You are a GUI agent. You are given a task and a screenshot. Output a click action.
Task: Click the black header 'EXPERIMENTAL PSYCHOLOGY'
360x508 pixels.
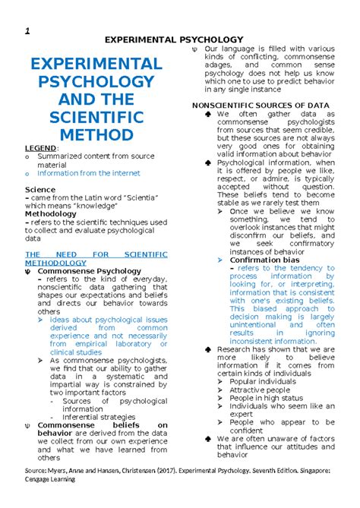(179, 39)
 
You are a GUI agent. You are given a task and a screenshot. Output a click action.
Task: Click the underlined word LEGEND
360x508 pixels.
(42, 147)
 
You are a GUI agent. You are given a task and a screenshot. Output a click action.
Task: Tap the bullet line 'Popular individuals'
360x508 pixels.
(267, 381)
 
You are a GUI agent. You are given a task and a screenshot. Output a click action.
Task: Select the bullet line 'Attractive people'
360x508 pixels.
(264, 390)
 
